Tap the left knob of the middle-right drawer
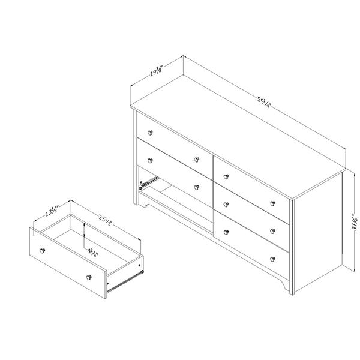[x=225, y=203]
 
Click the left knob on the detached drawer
[x=42, y=248]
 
